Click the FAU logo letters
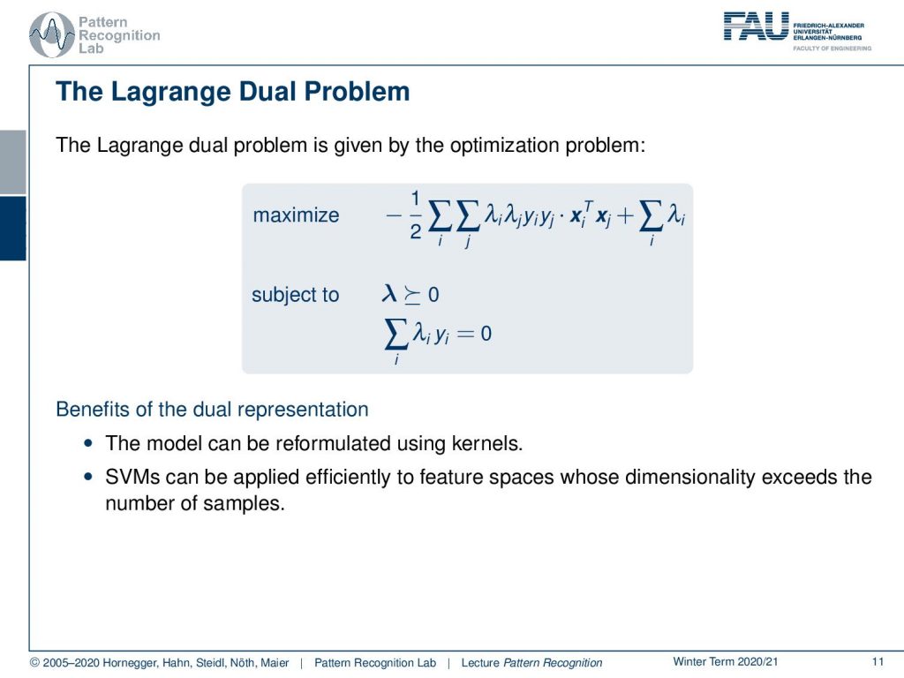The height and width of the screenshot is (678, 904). [x=756, y=26]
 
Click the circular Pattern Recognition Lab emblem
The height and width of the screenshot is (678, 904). [x=52, y=35]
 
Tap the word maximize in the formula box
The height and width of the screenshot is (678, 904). [x=296, y=215]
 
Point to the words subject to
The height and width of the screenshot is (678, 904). [x=295, y=295]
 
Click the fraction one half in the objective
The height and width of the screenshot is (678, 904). [x=415, y=215]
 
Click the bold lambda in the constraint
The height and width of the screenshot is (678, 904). [x=389, y=294]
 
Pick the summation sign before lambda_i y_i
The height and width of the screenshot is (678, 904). [x=396, y=335]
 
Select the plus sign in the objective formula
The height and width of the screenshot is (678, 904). [x=625, y=215]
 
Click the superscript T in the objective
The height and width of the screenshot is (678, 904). [x=588, y=205]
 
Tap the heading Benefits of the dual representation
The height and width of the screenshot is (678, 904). [x=212, y=409]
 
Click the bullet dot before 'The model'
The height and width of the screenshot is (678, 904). [x=87, y=443]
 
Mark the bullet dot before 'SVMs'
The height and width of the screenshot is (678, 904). [x=87, y=477]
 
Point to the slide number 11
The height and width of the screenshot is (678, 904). [x=878, y=662]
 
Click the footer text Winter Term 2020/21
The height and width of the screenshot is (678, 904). [x=726, y=662]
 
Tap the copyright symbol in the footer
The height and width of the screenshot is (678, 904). [x=34, y=663]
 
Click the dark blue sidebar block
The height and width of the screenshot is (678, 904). [x=12, y=229]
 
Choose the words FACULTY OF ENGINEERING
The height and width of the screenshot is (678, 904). [x=832, y=49]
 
